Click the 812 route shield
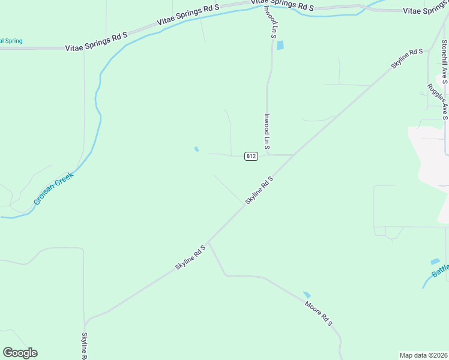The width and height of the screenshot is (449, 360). click(x=251, y=156)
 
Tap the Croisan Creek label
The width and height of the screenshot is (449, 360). click(x=53, y=189)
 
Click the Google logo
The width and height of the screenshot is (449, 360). click(x=20, y=353)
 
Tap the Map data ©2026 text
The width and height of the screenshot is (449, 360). click(x=423, y=355)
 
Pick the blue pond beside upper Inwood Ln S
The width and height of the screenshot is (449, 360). click(x=280, y=45)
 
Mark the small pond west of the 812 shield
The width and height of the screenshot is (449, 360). click(x=196, y=149)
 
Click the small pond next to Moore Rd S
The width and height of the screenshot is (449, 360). click(x=307, y=295)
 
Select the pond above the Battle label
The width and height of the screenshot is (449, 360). click(x=435, y=262)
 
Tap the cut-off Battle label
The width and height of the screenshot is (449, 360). click(x=440, y=274)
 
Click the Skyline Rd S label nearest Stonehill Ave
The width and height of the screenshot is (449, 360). click(x=408, y=59)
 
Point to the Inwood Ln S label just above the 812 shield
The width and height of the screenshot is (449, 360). click(x=267, y=131)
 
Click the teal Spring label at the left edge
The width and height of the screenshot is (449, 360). click(x=11, y=41)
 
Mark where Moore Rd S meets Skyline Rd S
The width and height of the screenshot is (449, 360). click(x=208, y=242)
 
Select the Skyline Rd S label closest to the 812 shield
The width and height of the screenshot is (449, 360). click(x=259, y=190)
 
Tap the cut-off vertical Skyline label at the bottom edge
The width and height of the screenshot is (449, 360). click(x=85, y=346)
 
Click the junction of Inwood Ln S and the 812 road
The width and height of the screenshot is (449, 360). click(x=268, y=155)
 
